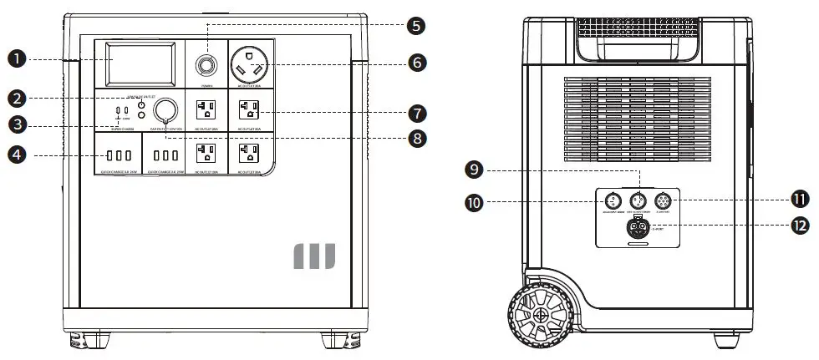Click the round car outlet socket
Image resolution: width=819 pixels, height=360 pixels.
167,109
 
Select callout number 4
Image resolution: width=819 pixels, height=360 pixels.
16,154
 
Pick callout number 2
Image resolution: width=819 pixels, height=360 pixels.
16,98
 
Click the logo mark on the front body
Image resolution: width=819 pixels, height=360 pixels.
313,256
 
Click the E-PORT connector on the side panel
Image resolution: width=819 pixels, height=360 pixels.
638,227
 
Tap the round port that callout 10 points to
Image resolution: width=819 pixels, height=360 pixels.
612,201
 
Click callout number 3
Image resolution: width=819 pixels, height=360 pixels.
16,125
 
